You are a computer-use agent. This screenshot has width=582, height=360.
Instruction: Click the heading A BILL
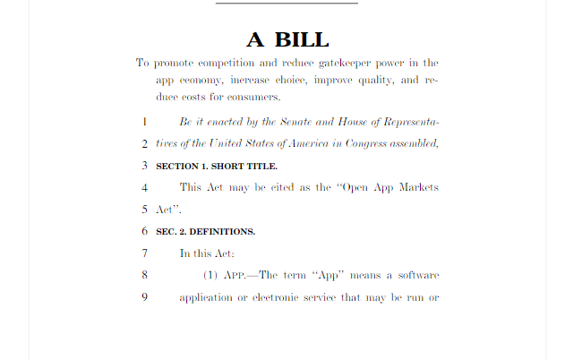click(x=288, y=39)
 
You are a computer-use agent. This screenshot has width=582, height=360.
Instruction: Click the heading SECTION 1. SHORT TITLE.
click(x=217, y=166)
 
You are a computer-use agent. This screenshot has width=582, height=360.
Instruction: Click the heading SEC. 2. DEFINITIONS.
click(x=206, y=231)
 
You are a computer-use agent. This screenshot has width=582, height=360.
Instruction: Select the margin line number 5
click(x=144, y=209)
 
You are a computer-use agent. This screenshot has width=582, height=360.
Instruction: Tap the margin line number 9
click(x=144, y=296)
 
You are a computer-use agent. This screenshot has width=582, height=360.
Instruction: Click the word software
click(x=416, y=275)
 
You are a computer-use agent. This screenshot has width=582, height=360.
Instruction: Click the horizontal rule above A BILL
click(x=287, y=3)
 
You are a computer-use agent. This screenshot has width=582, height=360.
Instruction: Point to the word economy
click(x=203, y=80)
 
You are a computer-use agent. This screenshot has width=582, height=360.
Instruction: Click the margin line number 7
click(x=144, y=253)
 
